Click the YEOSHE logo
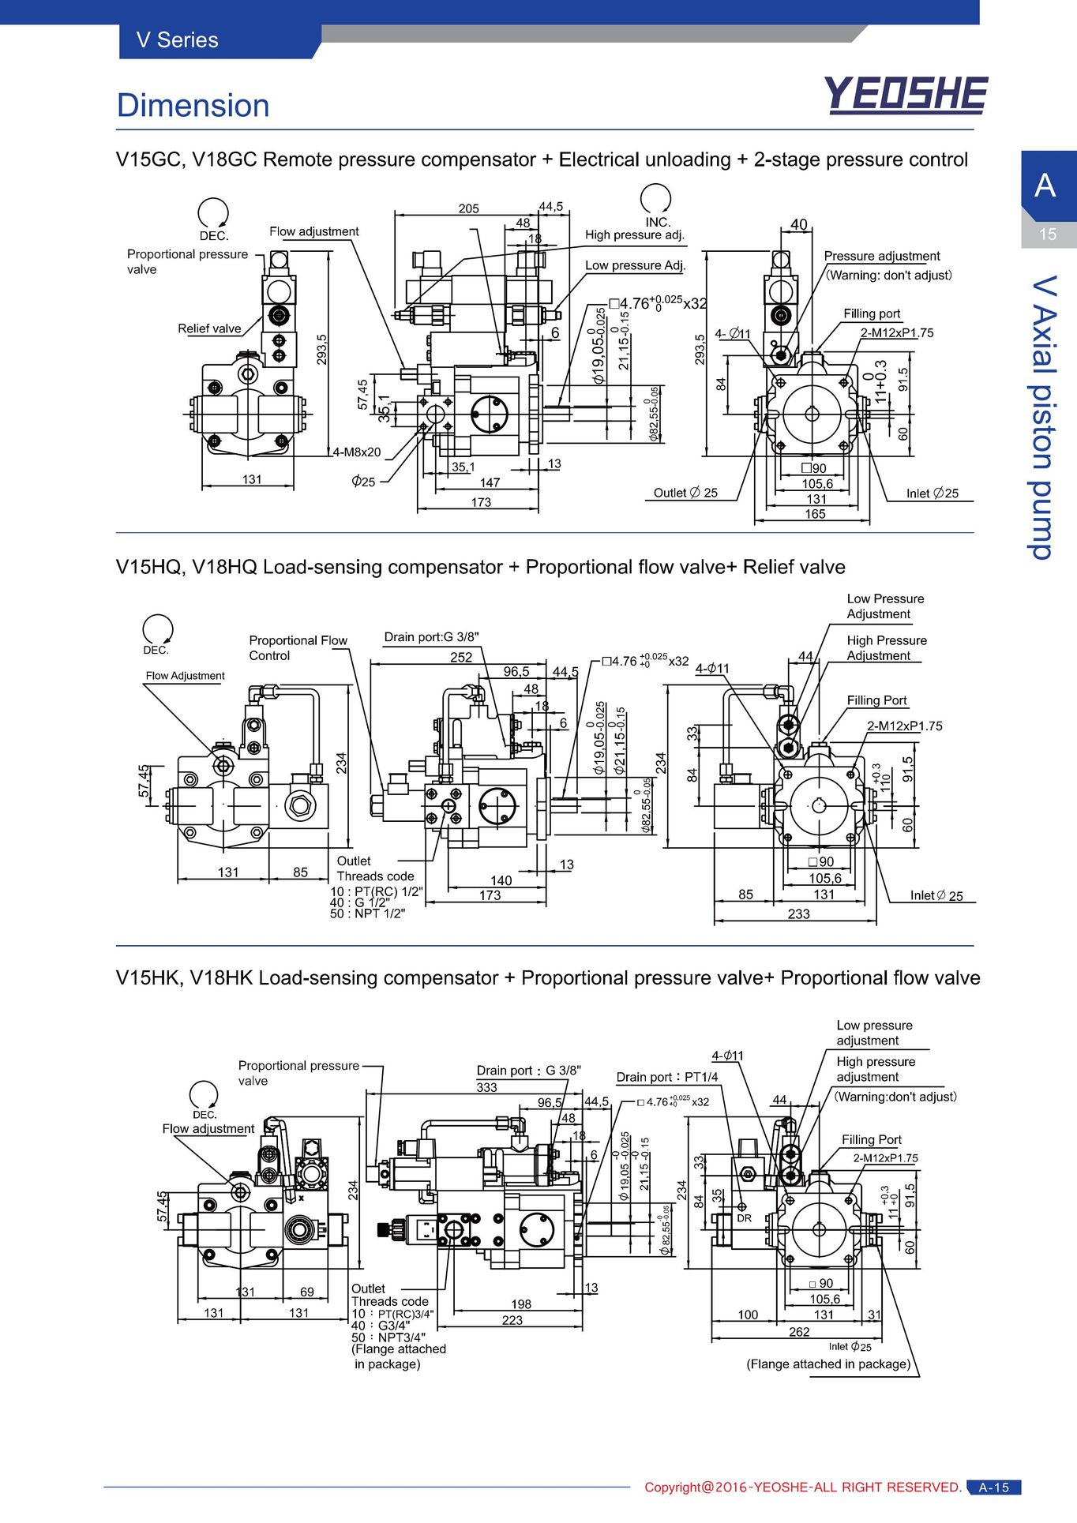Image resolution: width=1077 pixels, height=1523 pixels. point(906,95)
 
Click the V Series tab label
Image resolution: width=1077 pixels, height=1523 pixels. point(178,40)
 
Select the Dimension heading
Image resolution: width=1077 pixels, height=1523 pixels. point(193,106)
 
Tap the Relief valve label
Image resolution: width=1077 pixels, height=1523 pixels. point(209,328)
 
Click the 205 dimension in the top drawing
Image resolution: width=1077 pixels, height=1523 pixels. point(469,208)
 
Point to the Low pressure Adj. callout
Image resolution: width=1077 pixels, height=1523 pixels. point(636,265)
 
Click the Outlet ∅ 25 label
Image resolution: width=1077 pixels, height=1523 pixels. point(685,493)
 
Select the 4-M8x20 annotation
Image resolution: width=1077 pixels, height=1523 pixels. point(356,452)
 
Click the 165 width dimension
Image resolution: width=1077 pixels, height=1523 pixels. point(815,514)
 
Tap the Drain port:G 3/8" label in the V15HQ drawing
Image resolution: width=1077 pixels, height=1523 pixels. point(431,637)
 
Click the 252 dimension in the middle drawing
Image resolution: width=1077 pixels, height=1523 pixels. point(461,657)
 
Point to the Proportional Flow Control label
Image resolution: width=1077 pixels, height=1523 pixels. point(298,647)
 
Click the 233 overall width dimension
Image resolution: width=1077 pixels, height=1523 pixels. point(799,913)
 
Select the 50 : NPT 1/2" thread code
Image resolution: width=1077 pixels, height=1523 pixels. point(367,913)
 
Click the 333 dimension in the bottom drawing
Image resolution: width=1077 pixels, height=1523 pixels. point(487,1087)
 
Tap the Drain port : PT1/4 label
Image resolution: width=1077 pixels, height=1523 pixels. point(667,1077)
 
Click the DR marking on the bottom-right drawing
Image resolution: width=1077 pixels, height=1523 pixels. point(745,1218)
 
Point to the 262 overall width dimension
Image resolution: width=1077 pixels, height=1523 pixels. point(799,1331)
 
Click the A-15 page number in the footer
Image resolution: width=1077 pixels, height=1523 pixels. point(994,1487)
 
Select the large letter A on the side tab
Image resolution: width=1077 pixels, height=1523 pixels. point(1045,186)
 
